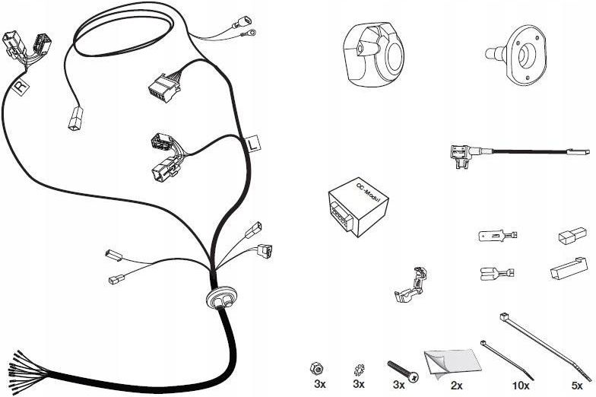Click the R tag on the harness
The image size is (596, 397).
click(21, 88)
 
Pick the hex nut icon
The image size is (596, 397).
click(318, 368)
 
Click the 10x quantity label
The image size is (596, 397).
click(520, 386)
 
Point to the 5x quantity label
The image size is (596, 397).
click(579, 386)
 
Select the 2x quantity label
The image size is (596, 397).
click(456, 386)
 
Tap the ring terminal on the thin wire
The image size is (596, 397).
click(248, 32)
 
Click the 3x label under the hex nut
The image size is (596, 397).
click(319, 386)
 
